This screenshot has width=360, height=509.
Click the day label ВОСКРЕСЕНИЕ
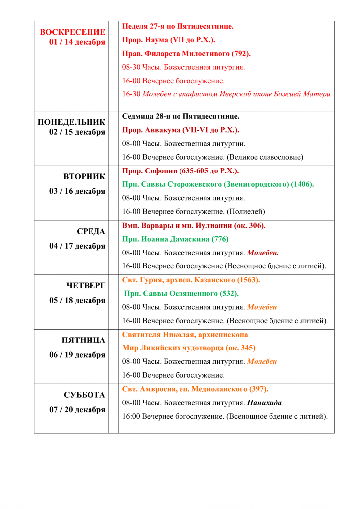coord(73,32)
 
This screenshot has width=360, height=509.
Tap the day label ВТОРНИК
coord(84,176)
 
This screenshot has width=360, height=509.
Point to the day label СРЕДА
coord(91,231)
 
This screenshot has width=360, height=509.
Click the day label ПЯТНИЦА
coord(83,340)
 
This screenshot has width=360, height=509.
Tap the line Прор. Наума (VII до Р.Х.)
coord(169,40)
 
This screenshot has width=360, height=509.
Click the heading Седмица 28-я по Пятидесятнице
coord(180,117)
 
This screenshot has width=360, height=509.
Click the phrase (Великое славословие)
coord(265,157)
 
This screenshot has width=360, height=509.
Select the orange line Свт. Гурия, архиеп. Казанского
coord(191,280)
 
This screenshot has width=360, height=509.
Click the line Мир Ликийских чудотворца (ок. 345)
coord(188,348)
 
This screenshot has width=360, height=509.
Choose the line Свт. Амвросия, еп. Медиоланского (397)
coord(195,389)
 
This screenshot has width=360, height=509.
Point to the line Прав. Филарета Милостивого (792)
coord(186,53)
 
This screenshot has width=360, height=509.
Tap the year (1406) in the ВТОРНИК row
coord(302,184)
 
